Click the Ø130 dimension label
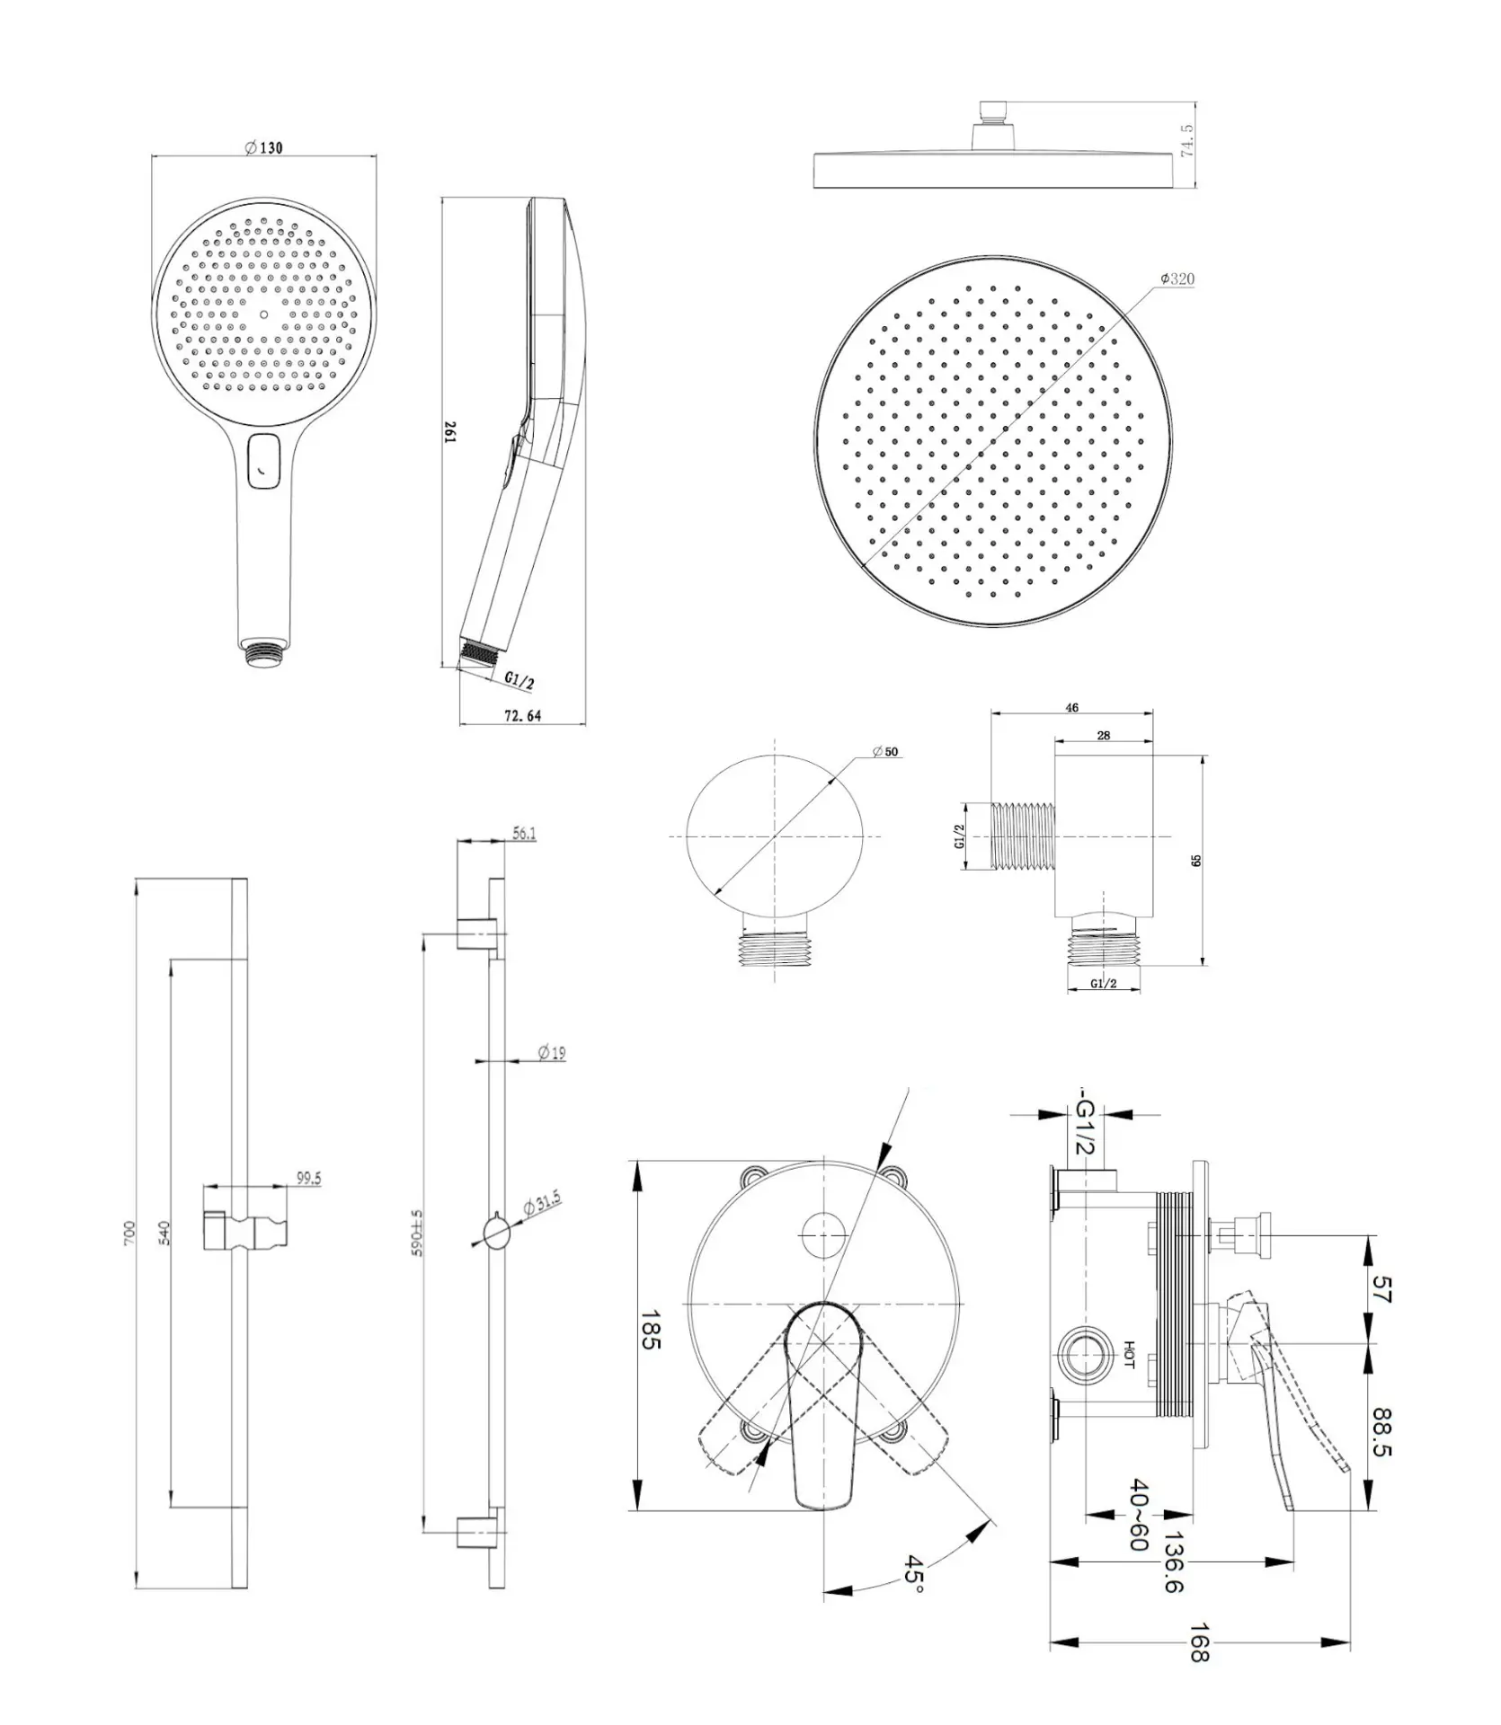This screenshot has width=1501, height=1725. [263, 147]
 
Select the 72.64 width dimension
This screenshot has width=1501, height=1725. [522, 716]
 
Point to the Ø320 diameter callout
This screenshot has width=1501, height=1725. [1177, 279]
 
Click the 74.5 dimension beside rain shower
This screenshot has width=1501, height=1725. [1186, 142]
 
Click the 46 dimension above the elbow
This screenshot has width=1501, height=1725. [1071, 708]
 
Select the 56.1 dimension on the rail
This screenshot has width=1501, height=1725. [525, 834]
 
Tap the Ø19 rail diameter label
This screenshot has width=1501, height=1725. [552, 1052]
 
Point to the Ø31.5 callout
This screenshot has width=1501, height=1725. [541, 1204]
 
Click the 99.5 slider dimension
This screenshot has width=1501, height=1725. [308, 1179]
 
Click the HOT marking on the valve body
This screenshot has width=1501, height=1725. [1130, 1356]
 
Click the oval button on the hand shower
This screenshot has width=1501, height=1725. [263, 461]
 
